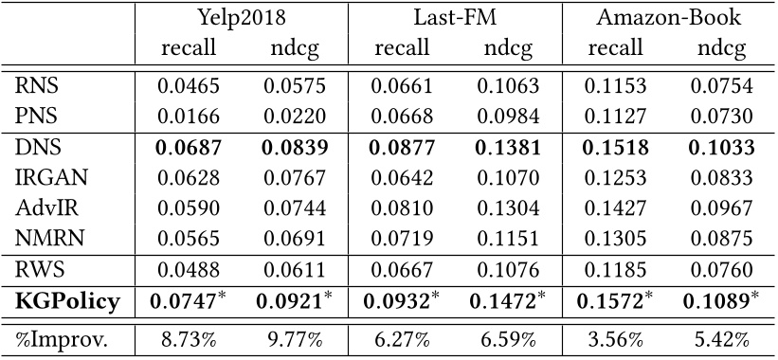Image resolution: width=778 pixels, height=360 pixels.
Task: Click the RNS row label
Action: (x=37, y=87)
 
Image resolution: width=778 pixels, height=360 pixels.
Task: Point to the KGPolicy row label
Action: (x=66, y=301)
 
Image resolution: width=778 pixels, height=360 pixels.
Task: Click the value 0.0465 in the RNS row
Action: (x=188, y=87)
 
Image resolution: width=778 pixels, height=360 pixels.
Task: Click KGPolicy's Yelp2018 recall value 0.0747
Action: (x=188, y=301)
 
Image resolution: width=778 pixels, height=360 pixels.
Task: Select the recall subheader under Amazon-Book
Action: (x=615, y=48)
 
